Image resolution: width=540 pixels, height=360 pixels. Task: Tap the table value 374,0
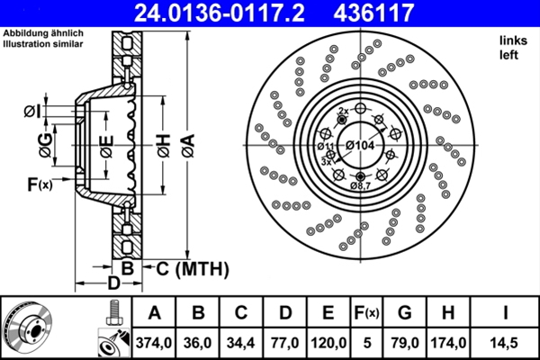154,340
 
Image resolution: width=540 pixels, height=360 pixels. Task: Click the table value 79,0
405,340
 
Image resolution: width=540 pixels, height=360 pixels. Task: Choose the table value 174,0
448,340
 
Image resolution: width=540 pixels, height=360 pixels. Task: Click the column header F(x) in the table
366,312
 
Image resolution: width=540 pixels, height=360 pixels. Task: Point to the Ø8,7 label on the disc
360,185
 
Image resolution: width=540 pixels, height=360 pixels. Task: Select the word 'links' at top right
511,41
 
